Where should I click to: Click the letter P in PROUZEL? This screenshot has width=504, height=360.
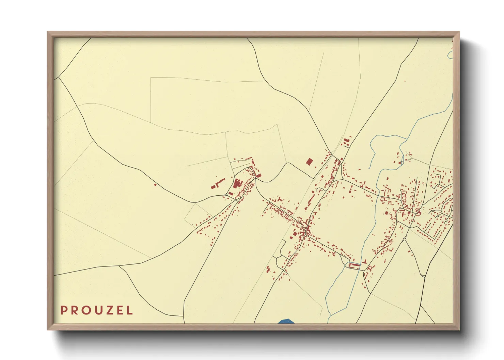point(63,310)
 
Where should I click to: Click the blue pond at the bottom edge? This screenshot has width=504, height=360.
point(286,321)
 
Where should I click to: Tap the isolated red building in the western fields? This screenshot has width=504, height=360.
point(155,185)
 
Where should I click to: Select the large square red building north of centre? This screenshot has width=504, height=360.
point(309,161)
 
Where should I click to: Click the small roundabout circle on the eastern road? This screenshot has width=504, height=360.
point(404,240)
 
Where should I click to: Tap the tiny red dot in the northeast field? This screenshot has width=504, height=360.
point(405,81)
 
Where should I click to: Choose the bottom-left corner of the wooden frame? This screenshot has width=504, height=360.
point(48,329)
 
